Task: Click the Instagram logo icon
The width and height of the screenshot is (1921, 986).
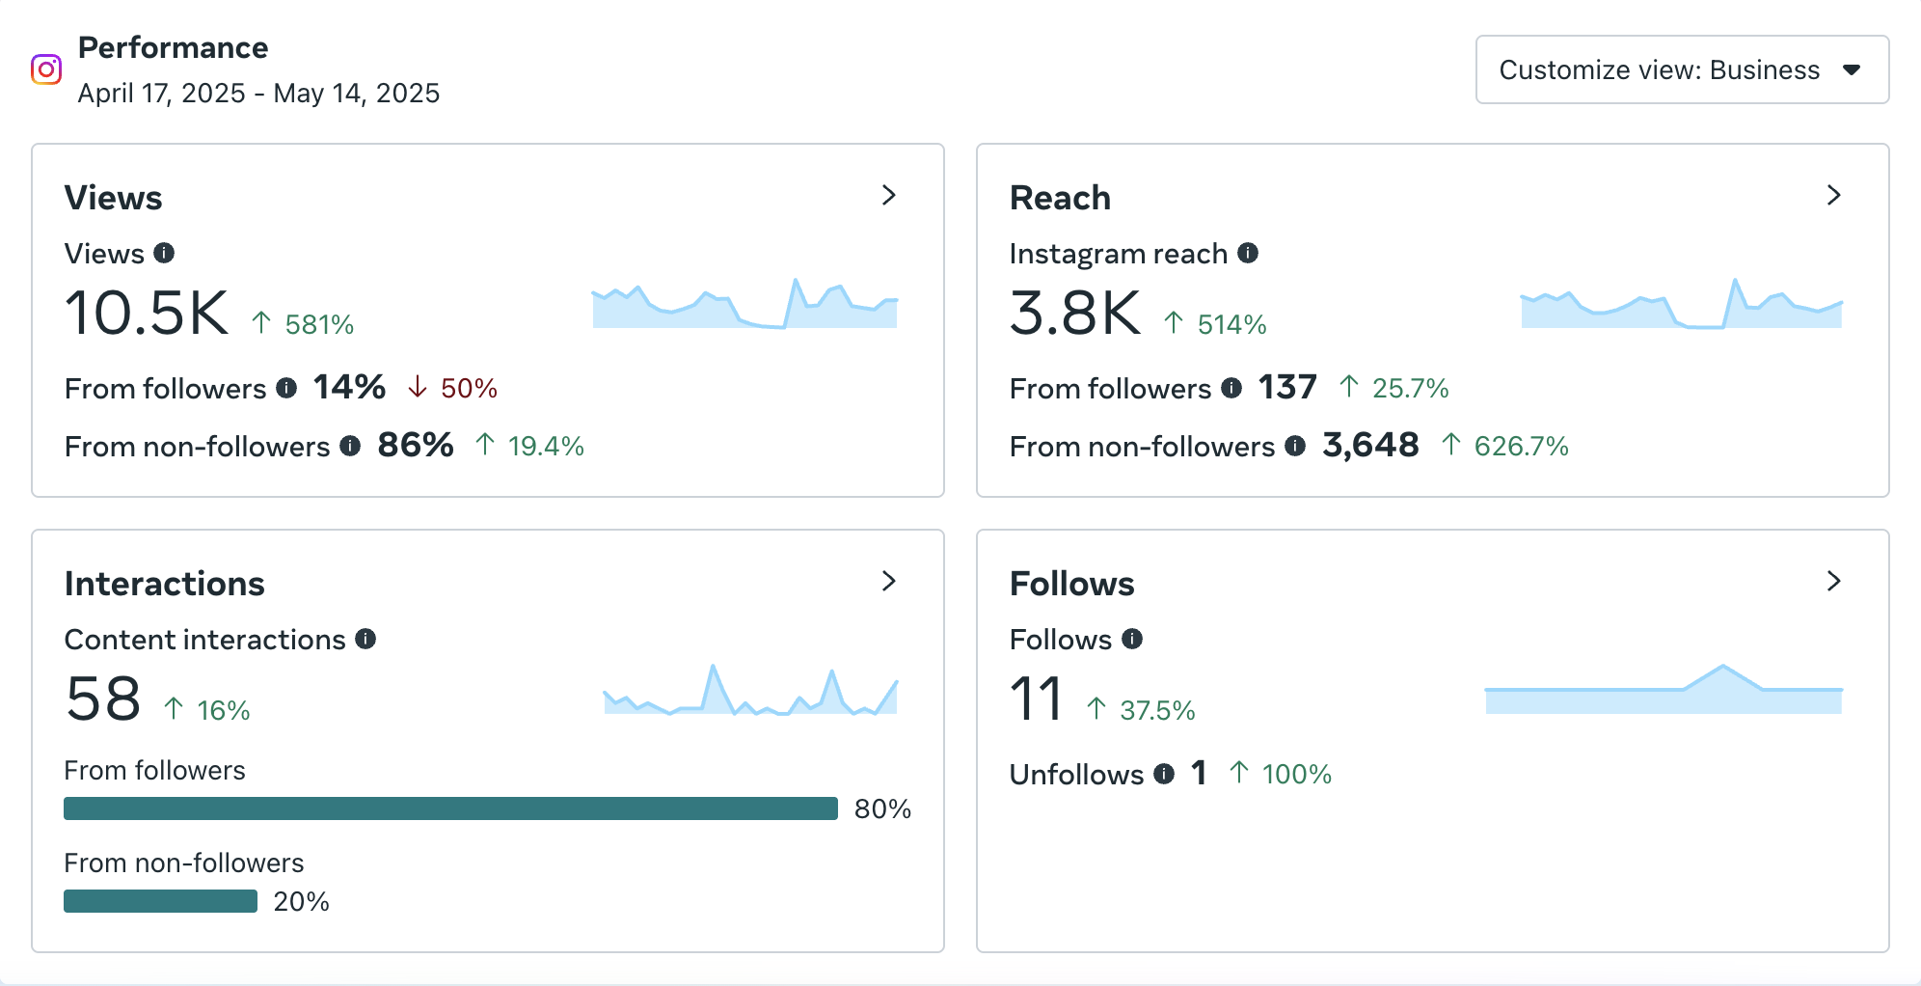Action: click(x=46, y=69)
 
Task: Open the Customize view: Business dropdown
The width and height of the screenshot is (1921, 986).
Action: click(x=1681, y=69)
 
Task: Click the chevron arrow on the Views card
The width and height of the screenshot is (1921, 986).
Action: click(x=889, y=196)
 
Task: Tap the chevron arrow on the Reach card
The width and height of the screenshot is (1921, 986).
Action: click(x=1833, y=196)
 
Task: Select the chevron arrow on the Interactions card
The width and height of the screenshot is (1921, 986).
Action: click(x=889, y=582)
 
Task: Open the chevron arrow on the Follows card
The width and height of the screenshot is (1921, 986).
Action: click(x=1833, y=582)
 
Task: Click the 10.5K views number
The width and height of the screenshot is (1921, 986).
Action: click(x=147, y=314)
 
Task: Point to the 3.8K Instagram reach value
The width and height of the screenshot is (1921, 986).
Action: click(x=1074, y=314)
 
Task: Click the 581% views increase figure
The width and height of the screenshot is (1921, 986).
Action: click(x=319, y=324)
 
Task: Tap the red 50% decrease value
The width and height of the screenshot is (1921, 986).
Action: click(x=469, y=389)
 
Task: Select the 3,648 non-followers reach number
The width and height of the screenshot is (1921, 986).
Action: click(x=1370, y=445)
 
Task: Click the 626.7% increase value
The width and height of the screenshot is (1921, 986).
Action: click(x=1521, y=446)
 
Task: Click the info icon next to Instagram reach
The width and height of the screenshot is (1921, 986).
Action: click(x=1248, y=253)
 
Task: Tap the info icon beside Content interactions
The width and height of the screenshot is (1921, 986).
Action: click(x=365, y=639)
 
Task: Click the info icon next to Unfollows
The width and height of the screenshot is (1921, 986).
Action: click(x=1164, y=774)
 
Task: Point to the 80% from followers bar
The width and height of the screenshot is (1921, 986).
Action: click(x=450, y=808)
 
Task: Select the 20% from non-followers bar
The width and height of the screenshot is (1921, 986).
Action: click(x=160, y=901)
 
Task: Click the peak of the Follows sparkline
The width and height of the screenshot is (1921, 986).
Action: click(x=1723, y=667)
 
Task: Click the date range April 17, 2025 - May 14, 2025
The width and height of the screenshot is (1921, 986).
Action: click(x=258, y=94)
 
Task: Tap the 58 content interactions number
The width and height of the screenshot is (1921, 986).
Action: click(x=103, y=699)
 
